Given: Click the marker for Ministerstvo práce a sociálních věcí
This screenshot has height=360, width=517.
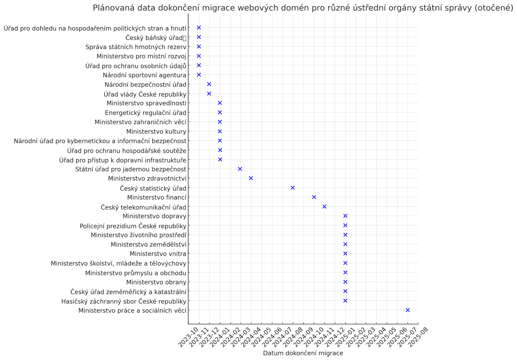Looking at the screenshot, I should click(x=407, y=310).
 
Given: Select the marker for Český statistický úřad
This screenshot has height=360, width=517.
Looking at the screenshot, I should click(x=293, y=188).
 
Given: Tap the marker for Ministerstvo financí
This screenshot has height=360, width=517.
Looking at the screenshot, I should click(x=314, y=197).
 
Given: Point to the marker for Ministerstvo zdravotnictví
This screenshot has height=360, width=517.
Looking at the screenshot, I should click(x=251, y=178).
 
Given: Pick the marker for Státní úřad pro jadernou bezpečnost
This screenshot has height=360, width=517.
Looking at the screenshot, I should click(x=240, y=169).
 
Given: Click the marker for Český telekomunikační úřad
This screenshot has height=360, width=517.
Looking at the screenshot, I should click(x=324, y=206).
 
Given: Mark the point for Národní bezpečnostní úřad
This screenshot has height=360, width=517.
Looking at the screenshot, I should click(x=209, y=84).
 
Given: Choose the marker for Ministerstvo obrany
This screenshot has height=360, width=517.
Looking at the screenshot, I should click(x=345, y=282).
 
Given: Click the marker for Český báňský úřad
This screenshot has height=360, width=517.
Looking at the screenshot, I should click(x=199, y=37).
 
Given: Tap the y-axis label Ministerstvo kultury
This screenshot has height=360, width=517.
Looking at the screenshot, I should click(x=156, y=132).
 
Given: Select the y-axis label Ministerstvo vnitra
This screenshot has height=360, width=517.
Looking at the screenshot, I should click(x=158, y=254).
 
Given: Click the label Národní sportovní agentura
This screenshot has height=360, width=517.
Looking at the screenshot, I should click(x=144, y=75).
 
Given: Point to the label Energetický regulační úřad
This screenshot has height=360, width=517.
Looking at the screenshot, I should click(x=145, y=113).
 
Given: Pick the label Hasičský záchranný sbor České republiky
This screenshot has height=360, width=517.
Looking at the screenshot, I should click(x=124, y=302).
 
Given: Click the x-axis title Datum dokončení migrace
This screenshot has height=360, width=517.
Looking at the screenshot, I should click(x=303, y=353).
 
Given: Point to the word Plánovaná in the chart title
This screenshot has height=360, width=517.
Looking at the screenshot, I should click(x=113, y=8).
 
